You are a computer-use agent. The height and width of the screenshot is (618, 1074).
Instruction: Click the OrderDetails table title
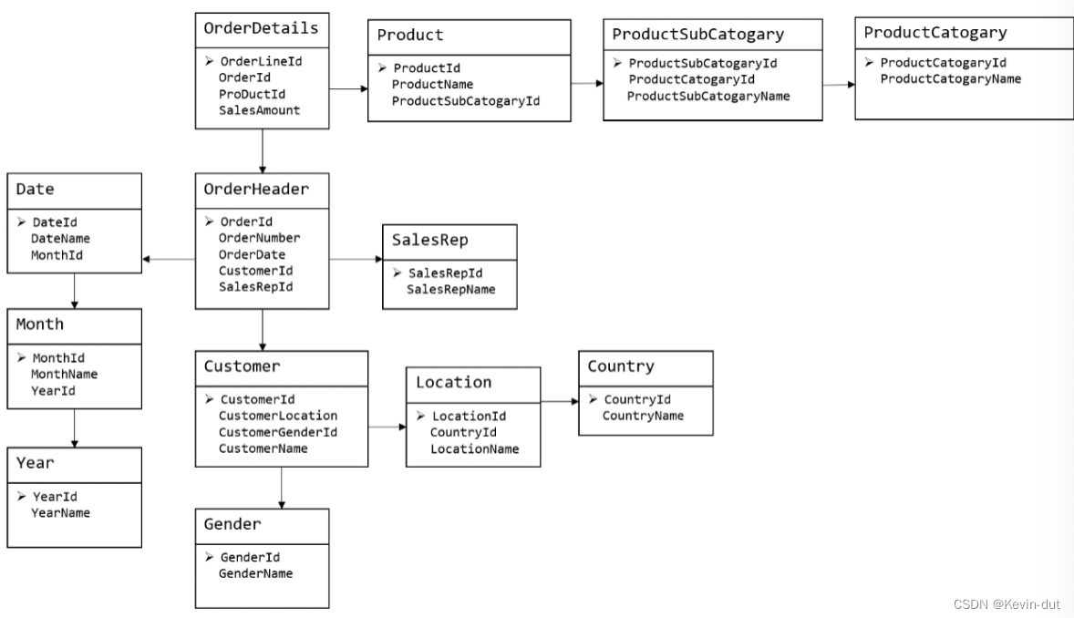coord(261,28)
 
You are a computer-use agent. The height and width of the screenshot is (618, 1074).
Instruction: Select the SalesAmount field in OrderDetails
coord(260,110)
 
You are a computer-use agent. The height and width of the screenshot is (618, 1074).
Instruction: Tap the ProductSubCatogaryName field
coord(708,96)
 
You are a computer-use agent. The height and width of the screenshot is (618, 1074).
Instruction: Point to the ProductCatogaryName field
coord(951,78)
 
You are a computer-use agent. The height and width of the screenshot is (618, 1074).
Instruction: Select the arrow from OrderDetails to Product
coord(348,88)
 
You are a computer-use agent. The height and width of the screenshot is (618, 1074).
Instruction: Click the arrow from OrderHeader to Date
coord(169,259)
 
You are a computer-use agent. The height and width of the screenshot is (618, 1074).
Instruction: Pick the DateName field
coord(60,239)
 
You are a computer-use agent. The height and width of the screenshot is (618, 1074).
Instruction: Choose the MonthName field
coord(65,374)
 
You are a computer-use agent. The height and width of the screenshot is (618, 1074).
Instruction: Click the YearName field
coord(60,512)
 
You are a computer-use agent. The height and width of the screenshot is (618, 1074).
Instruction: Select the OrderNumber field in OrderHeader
coord(260,238)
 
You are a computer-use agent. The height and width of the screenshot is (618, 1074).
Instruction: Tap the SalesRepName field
coord(450,289)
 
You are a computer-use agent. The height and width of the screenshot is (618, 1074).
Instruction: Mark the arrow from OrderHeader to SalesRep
coord(356,259)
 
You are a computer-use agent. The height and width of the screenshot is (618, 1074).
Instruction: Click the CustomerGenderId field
coord(278,432)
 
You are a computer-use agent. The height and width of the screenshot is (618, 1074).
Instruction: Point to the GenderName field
coord(255,573)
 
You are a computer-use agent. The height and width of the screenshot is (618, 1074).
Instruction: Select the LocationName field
coord(475,448)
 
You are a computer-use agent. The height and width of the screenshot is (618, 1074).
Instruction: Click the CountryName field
coord(643,416)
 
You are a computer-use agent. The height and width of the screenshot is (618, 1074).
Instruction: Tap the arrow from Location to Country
coord(560,401)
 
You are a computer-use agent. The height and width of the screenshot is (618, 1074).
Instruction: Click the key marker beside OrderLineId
coord(210,61)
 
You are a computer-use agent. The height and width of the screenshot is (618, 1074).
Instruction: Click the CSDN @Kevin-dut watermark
coord(1007,604)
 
